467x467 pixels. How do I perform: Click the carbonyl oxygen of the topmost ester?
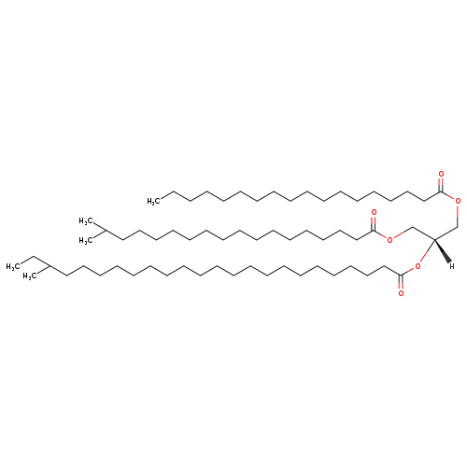point(441,174)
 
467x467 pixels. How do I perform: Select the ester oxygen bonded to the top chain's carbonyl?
point(458,201)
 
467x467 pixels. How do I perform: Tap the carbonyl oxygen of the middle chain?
point(374,213)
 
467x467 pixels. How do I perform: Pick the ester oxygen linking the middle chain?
point(389,240)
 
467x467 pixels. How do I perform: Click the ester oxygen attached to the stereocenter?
point(417,266)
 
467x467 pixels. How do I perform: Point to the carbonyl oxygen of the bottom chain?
point(401,293)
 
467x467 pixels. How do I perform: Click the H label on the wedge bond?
point(452,266)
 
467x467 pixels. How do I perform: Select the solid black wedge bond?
point(442,251)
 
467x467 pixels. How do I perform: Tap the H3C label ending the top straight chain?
point(154,202)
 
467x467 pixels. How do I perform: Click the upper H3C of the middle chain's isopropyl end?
point(86,221)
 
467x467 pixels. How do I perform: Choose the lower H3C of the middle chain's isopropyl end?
point(86,240)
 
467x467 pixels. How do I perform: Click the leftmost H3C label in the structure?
point(13,267)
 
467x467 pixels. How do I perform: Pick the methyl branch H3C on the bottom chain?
point(30,276)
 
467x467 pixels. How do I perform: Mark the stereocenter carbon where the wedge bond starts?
point(434,239)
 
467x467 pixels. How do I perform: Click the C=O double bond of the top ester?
point(441,184)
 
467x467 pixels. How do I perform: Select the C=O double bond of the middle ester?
point(374,223)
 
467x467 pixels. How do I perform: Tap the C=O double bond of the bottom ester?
point(401,282)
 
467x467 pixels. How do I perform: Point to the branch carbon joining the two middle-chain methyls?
point(106,231)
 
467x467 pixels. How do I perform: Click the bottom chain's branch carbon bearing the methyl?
point(50,266)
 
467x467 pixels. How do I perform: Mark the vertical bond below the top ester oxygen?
point(458,216)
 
